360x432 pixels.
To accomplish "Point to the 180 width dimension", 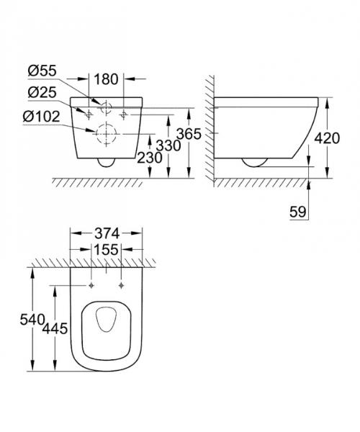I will click(x=107, y=77).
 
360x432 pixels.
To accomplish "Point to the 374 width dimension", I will click(x=107, y=233).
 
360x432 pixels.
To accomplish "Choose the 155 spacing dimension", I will click(x=107, y=249).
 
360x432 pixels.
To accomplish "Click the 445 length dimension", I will click(x=56, y=328).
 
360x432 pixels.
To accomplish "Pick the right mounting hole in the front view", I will click(x=125, y=114).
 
